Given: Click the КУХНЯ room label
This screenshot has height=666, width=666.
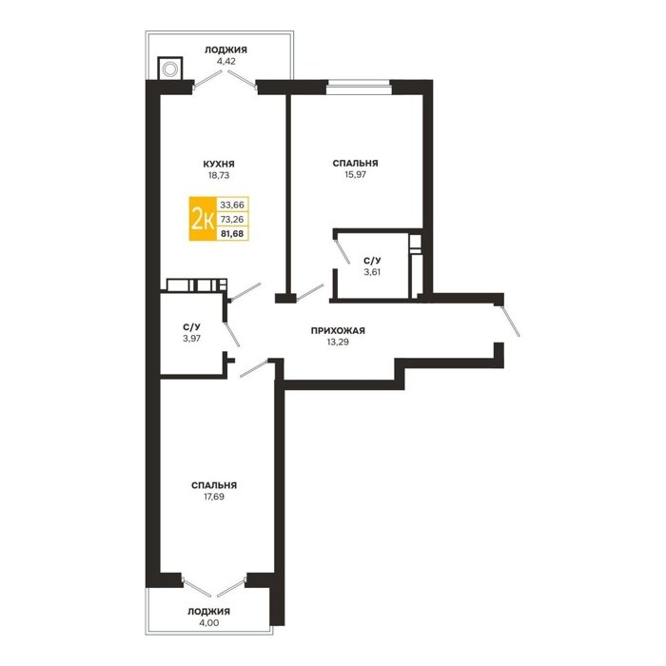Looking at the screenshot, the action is (x=219, y=164).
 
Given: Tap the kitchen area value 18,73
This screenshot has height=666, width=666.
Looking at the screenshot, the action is (x=219, y=175).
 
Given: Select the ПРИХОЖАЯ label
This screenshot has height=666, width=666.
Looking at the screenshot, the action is (x=338, y=330).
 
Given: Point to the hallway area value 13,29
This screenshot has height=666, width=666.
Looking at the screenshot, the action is (x=338, y=342).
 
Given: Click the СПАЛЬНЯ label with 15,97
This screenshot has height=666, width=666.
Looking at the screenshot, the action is (x=356, y=163).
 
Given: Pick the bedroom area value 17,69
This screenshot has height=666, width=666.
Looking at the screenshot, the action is (x=214, y=497).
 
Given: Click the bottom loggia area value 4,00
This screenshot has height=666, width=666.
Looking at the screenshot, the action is (x=209, y=622).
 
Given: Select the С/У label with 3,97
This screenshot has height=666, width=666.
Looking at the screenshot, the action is (x=191, y=327).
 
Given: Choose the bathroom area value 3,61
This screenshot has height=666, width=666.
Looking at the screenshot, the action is (x=372, y=272).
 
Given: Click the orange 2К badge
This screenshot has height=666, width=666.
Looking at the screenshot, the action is (x=203, y=219).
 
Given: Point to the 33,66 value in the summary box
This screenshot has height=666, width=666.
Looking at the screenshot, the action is (x=232, y=205).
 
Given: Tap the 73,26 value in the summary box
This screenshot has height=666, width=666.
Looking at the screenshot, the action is (x=232, y=219).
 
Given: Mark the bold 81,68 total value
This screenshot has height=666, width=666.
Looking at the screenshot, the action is (x=232, y=233).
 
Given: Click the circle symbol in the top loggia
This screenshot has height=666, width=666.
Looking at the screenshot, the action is (x=170, y=69).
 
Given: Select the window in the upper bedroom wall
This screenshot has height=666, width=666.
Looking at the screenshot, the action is (x=359, y=87).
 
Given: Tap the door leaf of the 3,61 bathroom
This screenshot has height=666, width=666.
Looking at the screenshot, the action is (x=343, y=252).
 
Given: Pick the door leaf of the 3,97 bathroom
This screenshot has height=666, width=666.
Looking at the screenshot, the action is (x=232, y=335).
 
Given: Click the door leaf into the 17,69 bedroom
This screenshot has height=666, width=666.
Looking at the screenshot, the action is (x=254, y=369).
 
